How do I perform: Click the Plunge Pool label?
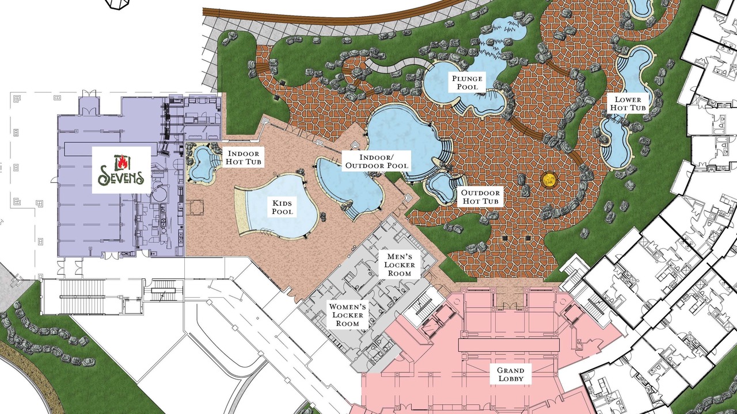tap(467, 82)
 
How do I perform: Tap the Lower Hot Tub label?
tap(628, 103)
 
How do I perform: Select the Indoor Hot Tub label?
tap(244, 158)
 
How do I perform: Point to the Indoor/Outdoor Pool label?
tap(377, 162)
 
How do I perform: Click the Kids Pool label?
tap(282, 207)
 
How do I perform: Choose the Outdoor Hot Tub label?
tap(480, 197)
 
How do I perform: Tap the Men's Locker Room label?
tap(399, 265)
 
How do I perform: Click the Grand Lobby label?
tap(511, 374)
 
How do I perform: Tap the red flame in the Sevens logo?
tap(121, 162)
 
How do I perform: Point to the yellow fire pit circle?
tap(549, 179)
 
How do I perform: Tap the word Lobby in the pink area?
tap(511, 378)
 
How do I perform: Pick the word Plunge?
tap(467, 79)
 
